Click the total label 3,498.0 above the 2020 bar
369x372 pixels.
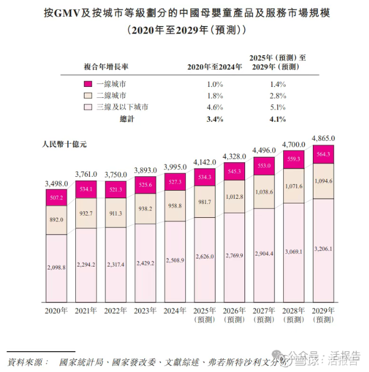coord(57,184)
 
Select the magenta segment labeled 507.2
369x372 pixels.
coord(57,197)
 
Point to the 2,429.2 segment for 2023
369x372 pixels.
coord(146,263)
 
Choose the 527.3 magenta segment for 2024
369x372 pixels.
coord(176,181)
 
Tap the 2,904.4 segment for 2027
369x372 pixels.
coord(265,253)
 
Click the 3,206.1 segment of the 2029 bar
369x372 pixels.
coord(324,248)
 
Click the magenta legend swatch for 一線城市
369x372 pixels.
coord(88,84)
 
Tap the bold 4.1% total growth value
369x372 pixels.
coord(277,120)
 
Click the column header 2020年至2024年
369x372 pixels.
coord(214,67)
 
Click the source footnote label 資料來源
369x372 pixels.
coord(25,362)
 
